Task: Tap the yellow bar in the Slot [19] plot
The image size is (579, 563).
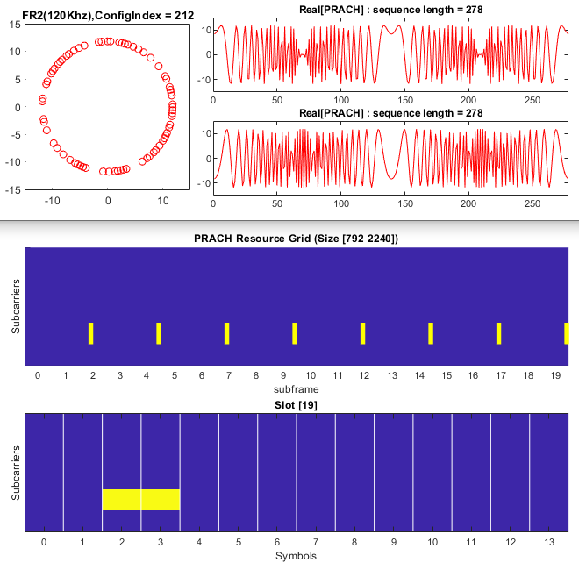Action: [x=141, y=499]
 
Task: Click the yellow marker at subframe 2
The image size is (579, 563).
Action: [x=90, y=333]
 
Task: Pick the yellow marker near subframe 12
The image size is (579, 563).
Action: [x=362, y=333]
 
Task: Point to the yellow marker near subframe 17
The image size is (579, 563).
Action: [x=498, y=333]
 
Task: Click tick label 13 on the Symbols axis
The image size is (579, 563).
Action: [x=549, y=542]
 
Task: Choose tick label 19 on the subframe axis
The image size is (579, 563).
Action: [x=555, y=375]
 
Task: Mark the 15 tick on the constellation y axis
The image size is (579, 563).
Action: [x=15, y=25]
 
